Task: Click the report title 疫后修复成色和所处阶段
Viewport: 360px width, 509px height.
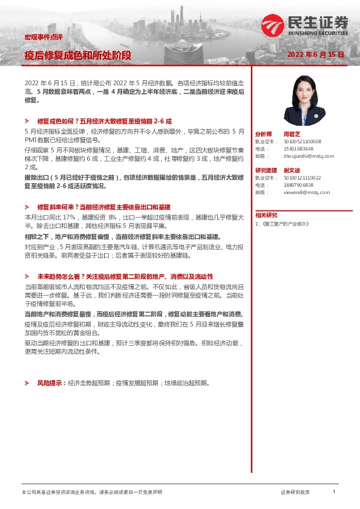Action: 77,55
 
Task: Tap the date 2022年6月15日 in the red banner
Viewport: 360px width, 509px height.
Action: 316,54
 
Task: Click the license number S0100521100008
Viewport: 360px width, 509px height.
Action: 303,141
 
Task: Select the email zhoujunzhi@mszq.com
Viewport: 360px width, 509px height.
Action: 309,156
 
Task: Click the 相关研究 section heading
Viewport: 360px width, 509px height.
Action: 266,215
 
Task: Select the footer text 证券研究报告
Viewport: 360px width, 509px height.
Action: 295,493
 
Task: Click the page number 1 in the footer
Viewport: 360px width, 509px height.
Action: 334,493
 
